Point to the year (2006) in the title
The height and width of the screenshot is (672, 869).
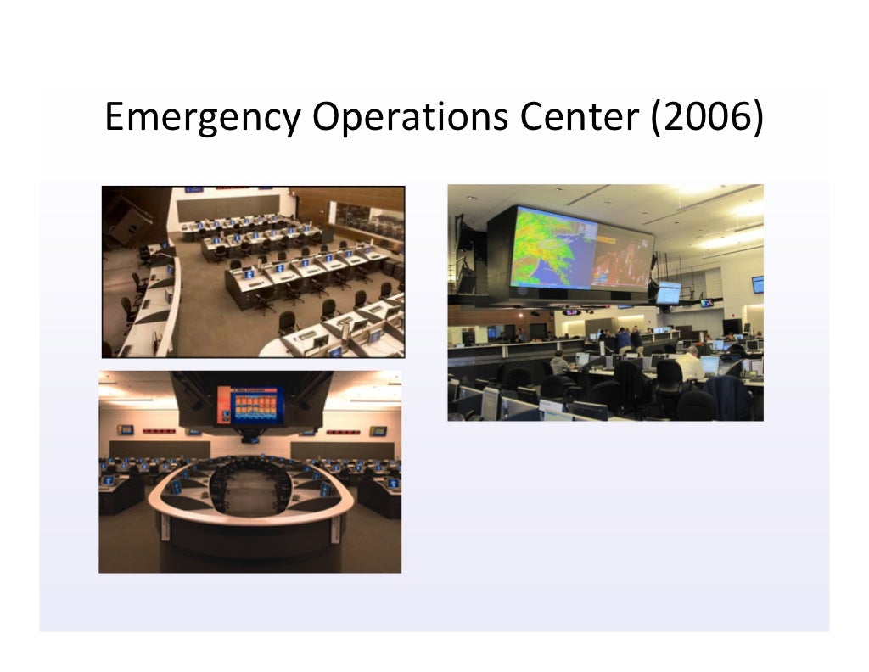pyautogui.click(x=706, y=118)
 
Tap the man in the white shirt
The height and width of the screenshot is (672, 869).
pyautogui.click(x=689, y=364)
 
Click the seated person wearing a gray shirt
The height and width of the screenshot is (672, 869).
pyautogui.click(x=559, y=363)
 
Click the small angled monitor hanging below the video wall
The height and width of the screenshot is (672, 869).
pyautogui.click(x=668, y=292)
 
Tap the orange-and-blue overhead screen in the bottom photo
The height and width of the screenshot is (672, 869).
pyautogui.click(x=248, y=405)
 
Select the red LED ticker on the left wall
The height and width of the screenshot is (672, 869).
pyautogui.click(x=157, y=432)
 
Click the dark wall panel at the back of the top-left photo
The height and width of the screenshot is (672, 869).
pyautogui.click(x=232, y=205)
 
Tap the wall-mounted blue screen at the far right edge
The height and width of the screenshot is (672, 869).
pyautogui.click(x=757, y=284)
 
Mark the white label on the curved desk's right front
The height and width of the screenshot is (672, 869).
pyautogui.click(x=334, y=531)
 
